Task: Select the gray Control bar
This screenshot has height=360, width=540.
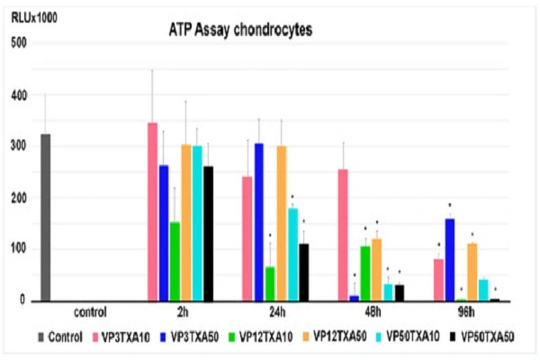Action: point(45,217)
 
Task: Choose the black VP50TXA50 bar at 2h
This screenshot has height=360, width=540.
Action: point(208,233)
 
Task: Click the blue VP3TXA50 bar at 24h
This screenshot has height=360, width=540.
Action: point(258,221)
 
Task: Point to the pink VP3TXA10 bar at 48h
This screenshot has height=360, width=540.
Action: point(342,235)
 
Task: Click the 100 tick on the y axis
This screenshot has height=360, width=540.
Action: point(17,249)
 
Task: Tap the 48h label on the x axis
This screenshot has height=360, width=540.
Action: point(369,314)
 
